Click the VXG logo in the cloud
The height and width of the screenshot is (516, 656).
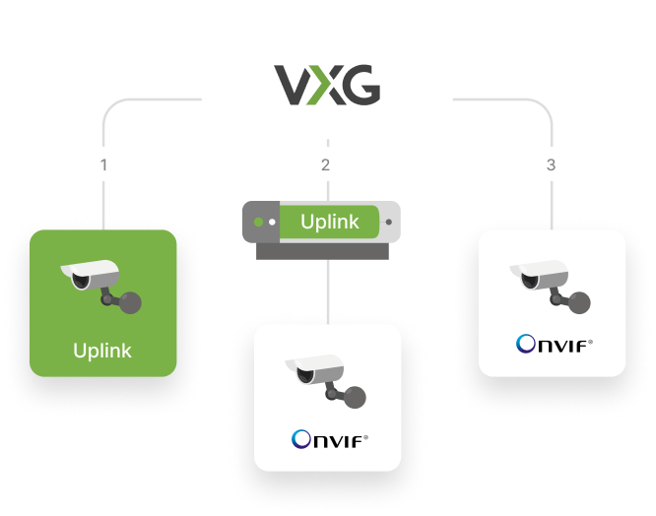(327, 86)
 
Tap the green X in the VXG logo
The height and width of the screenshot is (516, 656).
(326, 86)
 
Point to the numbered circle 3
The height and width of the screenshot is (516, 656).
(551, 164)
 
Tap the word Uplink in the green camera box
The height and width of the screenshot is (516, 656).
(103, 351)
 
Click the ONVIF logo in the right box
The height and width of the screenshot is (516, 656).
(554, 345)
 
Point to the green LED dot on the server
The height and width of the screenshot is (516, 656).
(259, 222)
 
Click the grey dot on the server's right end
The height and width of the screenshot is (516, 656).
(391, 222)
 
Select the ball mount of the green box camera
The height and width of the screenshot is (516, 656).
(130, 303)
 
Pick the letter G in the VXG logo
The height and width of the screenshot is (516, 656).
(361, 86)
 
